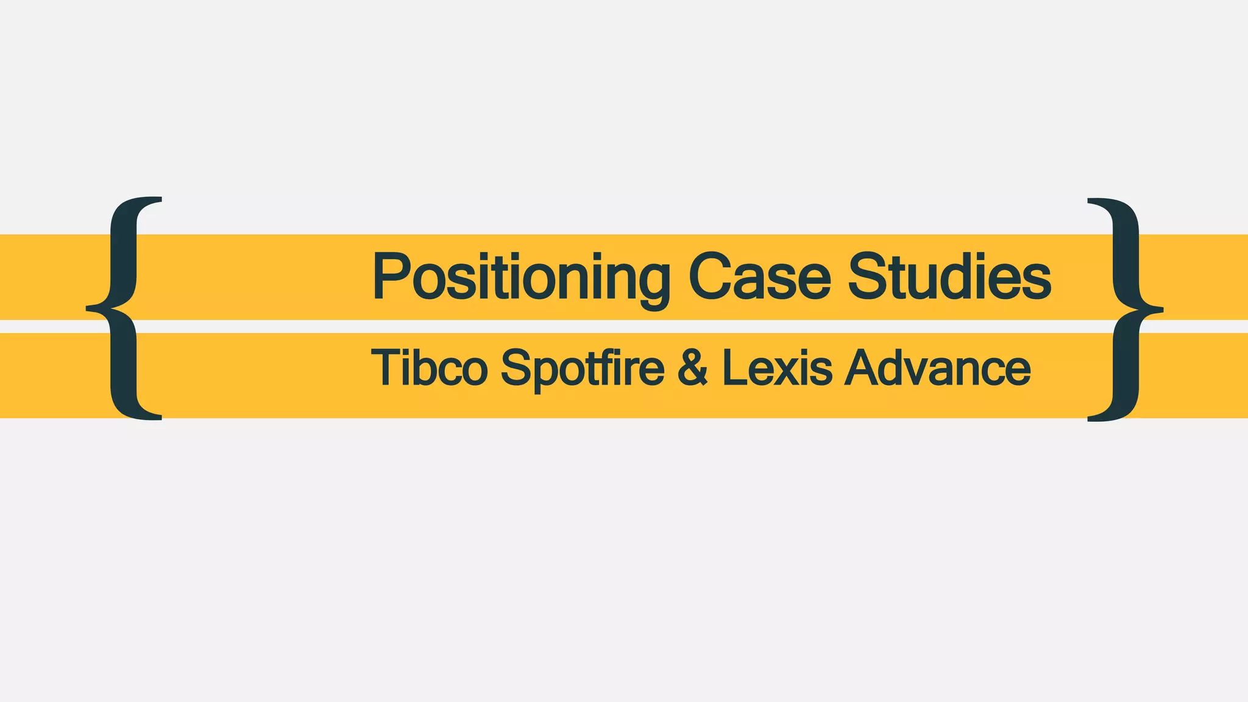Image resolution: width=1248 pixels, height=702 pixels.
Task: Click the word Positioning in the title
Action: (521, 277)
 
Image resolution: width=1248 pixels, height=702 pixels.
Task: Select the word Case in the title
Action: (759, 277)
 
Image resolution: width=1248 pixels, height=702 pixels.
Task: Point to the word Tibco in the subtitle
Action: (430, 368)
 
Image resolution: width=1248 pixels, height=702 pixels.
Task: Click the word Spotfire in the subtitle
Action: (582, 368)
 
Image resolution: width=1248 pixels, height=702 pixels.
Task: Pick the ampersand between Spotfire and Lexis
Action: (693, 368)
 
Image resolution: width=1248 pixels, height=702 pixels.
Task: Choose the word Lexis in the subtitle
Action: (777, 368)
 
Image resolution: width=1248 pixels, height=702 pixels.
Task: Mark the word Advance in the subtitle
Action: (938, 368)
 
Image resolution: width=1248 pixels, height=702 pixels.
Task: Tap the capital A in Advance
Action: (863, 368)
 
